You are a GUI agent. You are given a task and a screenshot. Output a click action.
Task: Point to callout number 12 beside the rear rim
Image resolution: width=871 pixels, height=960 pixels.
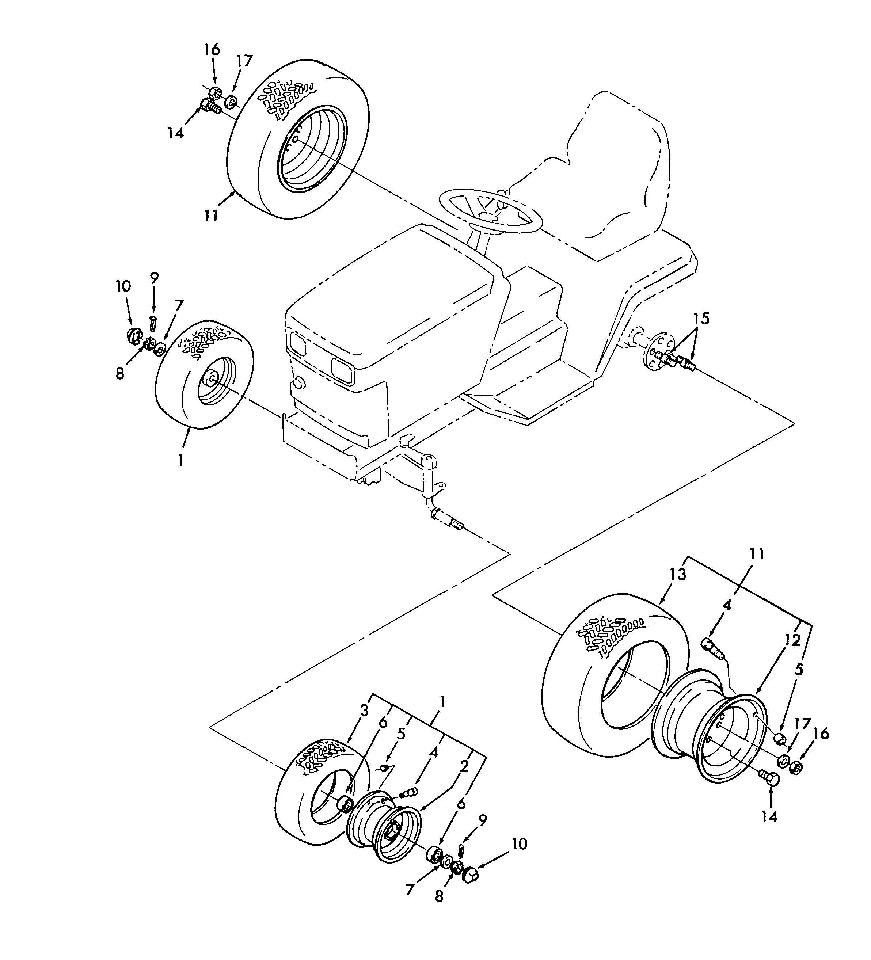(x=792, y=641)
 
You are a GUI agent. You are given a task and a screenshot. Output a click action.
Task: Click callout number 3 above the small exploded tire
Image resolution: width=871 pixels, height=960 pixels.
(x=364, y=711)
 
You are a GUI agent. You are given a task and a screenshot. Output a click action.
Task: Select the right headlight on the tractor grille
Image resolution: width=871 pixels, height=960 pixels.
(x=342, y=370)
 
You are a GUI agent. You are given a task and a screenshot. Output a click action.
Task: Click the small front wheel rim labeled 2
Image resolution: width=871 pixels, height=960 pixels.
(x=386, y=831)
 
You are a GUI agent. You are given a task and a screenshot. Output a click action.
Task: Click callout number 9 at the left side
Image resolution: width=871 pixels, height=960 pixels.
(x=154, y=278)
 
